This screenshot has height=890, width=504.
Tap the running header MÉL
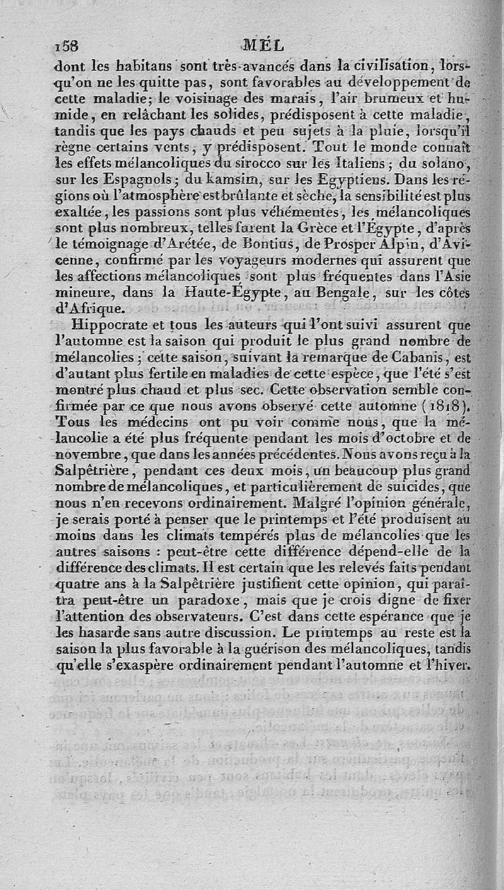pos(263,45)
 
